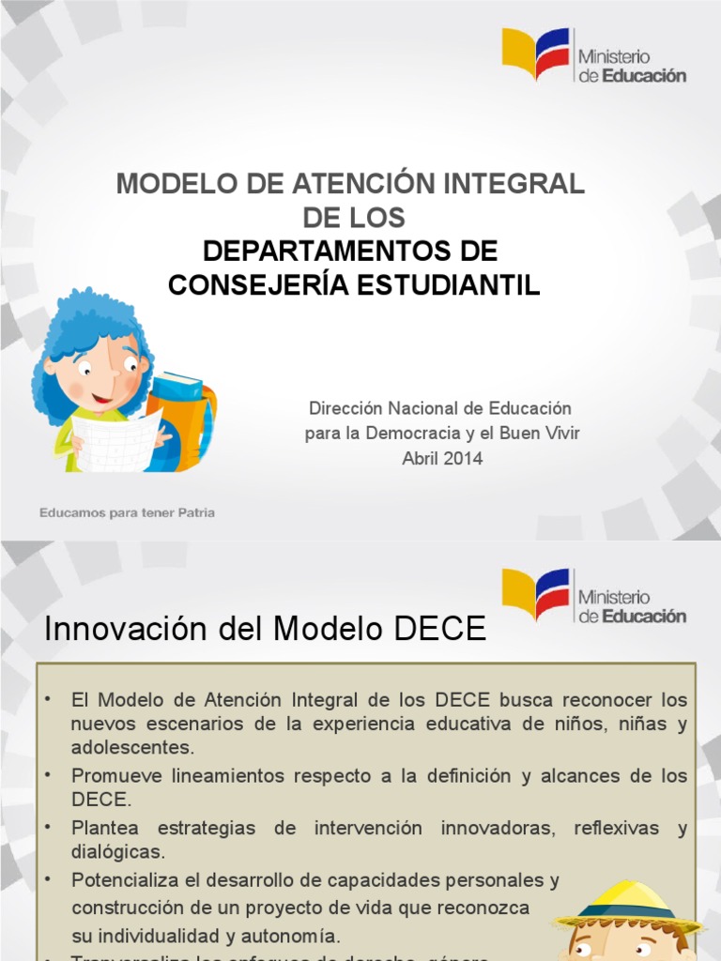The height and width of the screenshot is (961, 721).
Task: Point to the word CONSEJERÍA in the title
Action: pyautogui.click(x=254, y=285)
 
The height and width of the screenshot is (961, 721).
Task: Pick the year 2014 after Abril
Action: pyautogui.click(x=465, y=459)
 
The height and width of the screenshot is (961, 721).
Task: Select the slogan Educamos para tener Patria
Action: pyautogui.click(x=127, y=513)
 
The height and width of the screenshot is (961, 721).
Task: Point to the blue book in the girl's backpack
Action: pyautogui.click(x=176, y=386)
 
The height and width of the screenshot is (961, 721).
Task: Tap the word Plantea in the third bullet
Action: pyautogui.click(x=104, y=829)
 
